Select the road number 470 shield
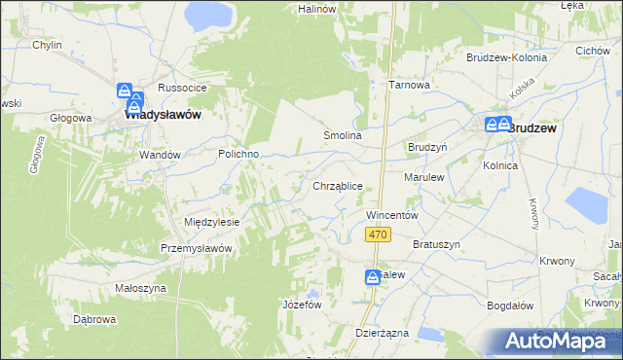380,234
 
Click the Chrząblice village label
338,185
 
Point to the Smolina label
343,136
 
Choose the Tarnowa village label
410,85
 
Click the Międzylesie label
211,222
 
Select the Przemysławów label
196,248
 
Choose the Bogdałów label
511,305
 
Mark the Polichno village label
238,154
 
